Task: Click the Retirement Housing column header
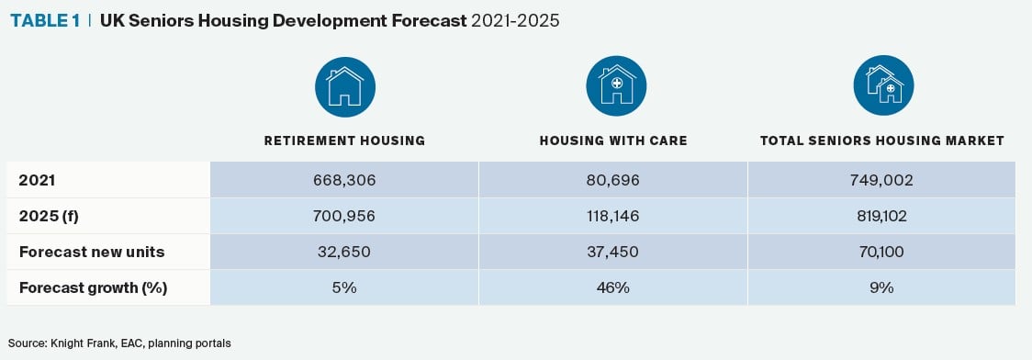344,141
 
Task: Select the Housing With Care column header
613,141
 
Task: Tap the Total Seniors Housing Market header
882,141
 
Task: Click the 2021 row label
37,180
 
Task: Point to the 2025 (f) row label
49,216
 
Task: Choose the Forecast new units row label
92,252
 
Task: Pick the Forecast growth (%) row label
93,288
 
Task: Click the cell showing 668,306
344,180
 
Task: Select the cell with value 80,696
612,180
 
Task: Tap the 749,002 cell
882,180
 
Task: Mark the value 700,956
344,216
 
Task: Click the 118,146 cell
612,216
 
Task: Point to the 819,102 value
882,216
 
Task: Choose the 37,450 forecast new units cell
612,252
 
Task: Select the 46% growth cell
612,287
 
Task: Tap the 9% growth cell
882,287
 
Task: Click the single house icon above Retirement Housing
345,86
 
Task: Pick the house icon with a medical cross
616,86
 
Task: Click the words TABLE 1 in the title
45,20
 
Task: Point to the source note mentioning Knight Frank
119,343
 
